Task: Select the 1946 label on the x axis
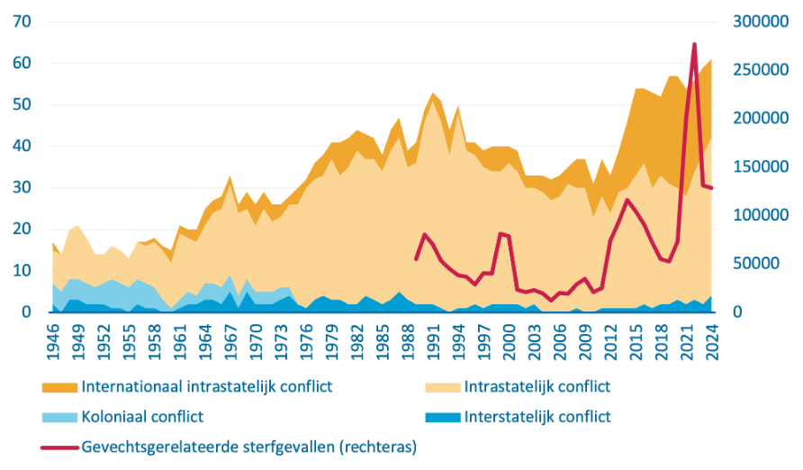pyautogui.click(x=53, y=343)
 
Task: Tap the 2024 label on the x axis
pyautogui.click(x=711, y=343)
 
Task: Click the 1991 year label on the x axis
pyautogui.click(x=433, y=343)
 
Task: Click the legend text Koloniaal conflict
pyautogui.click(x=142, y=417)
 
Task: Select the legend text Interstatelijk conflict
pyautogui.click(x=537, y=417)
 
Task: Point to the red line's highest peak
pyautogui.click(x=694, y=43)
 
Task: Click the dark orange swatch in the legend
pyautogui.click(x=59, y=387)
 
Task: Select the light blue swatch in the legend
pyautogui.click(x=59, y=417)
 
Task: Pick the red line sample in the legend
pyautogui.click(x=59, y=446)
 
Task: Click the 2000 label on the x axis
pyautogui.click(x=510, y=343)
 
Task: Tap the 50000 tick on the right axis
pyautogui.click(x=762, y=264)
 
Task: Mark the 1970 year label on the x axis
pyautogui.click(x=256, y=343)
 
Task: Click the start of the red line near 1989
pyautogui.click(x=416, y=259)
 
